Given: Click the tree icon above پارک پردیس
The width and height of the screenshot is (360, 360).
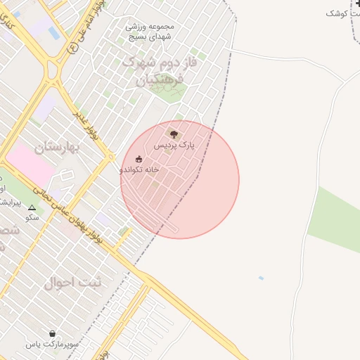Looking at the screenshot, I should (174, 134).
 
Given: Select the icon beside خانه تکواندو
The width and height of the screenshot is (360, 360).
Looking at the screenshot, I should (139, 159).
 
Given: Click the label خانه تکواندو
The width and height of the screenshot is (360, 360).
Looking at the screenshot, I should (139, 169).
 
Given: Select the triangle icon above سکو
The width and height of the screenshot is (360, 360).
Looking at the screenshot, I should (32, 207).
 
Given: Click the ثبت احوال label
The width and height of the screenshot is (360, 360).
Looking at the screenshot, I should (73, 283).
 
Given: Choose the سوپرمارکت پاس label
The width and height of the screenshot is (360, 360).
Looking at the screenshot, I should (51, 344).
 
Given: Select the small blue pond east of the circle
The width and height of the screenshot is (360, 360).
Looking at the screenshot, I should (261, 278).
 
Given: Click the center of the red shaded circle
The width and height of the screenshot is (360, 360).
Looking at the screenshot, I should (180, 180).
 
